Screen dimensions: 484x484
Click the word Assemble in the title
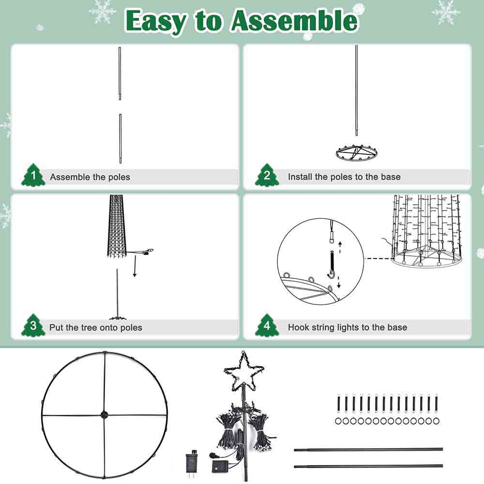(x=294, y=21)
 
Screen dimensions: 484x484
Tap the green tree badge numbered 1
(x=33, y=175)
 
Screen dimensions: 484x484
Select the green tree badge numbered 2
(x=267, y=175)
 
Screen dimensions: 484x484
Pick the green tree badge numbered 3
(x=33, y=325)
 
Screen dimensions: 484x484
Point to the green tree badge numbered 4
(x=267, y=325)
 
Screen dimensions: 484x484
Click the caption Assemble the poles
(x=90, y=177)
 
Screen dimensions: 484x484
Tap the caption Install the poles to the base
(x=344, y=177)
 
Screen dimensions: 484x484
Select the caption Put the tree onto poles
(x=96, y=328)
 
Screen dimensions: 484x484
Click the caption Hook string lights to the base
(x=347, y=327)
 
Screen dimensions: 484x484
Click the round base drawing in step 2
(x=357, y=152)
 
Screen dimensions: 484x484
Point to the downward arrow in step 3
(x=135, y=265)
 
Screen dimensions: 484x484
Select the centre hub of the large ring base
(x=105, y=415)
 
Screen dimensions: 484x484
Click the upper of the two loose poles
(x=368, y=450)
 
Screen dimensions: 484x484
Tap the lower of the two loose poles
(x=368, y=466)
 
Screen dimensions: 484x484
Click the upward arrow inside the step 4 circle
(x=340, y=247)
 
